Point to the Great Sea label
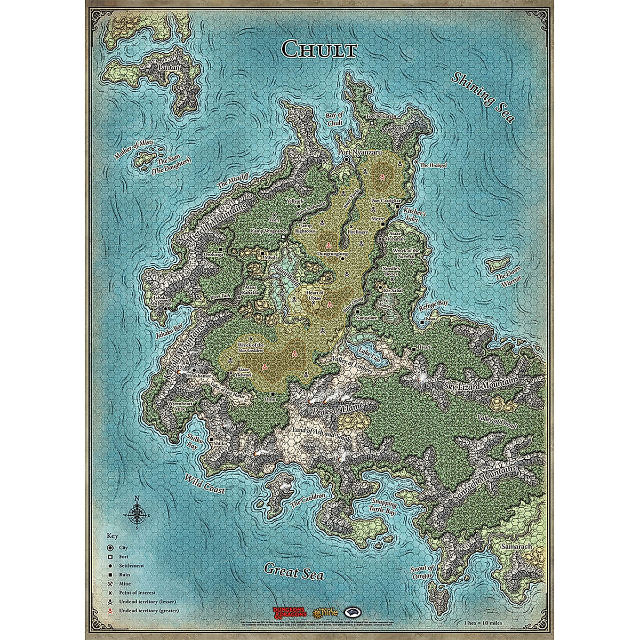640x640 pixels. [x=294, y=571]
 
